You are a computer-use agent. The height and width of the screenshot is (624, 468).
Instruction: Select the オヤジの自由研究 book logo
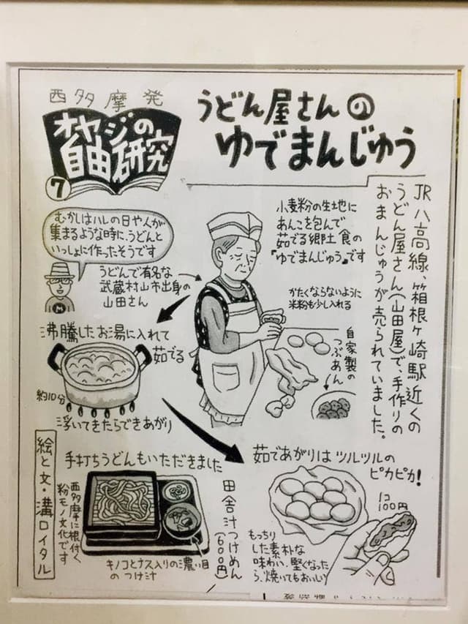[113, 143]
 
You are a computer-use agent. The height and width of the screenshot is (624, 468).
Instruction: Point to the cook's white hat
[233, 228]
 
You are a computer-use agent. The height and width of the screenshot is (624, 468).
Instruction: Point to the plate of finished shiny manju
[315, 497]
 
